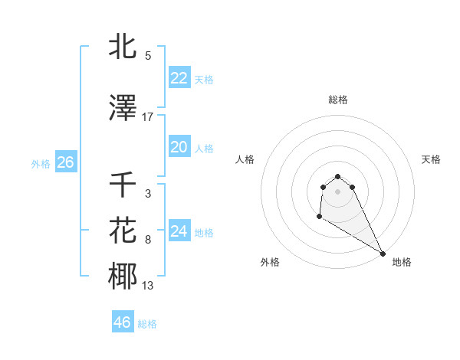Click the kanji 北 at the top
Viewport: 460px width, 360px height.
pos(123,47)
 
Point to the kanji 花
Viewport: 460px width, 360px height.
pos(123,231)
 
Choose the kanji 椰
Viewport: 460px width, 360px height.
pos(123,277)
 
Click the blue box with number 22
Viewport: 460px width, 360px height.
pos(179,78)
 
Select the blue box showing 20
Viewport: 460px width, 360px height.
pos(179,147)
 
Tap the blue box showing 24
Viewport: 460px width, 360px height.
pos(179,231)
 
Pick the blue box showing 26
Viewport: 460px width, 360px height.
pos(65,162)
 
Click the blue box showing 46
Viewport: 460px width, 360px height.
pos(122,322)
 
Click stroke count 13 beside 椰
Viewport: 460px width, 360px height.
pos(147,286)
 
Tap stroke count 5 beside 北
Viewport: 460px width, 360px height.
pos(147,56)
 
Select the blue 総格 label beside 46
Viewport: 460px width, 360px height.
pos(147,324)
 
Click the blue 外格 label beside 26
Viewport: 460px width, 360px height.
pos(41,163)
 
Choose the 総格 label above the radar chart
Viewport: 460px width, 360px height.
pos(337,100)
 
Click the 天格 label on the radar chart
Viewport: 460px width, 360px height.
pos(431,159)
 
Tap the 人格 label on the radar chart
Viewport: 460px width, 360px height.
pos(245,159)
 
